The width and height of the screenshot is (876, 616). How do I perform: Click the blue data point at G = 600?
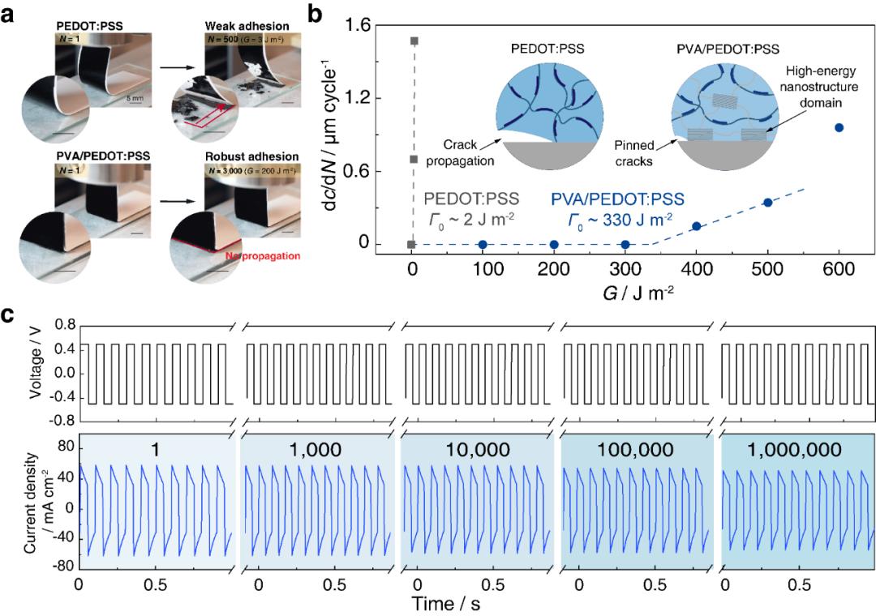(x=839, y=127)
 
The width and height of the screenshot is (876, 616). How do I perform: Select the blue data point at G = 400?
(x=696, y=226)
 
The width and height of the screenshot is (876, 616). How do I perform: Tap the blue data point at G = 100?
(x=483, y=244)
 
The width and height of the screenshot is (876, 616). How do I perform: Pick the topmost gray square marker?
(x=414, y=41)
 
